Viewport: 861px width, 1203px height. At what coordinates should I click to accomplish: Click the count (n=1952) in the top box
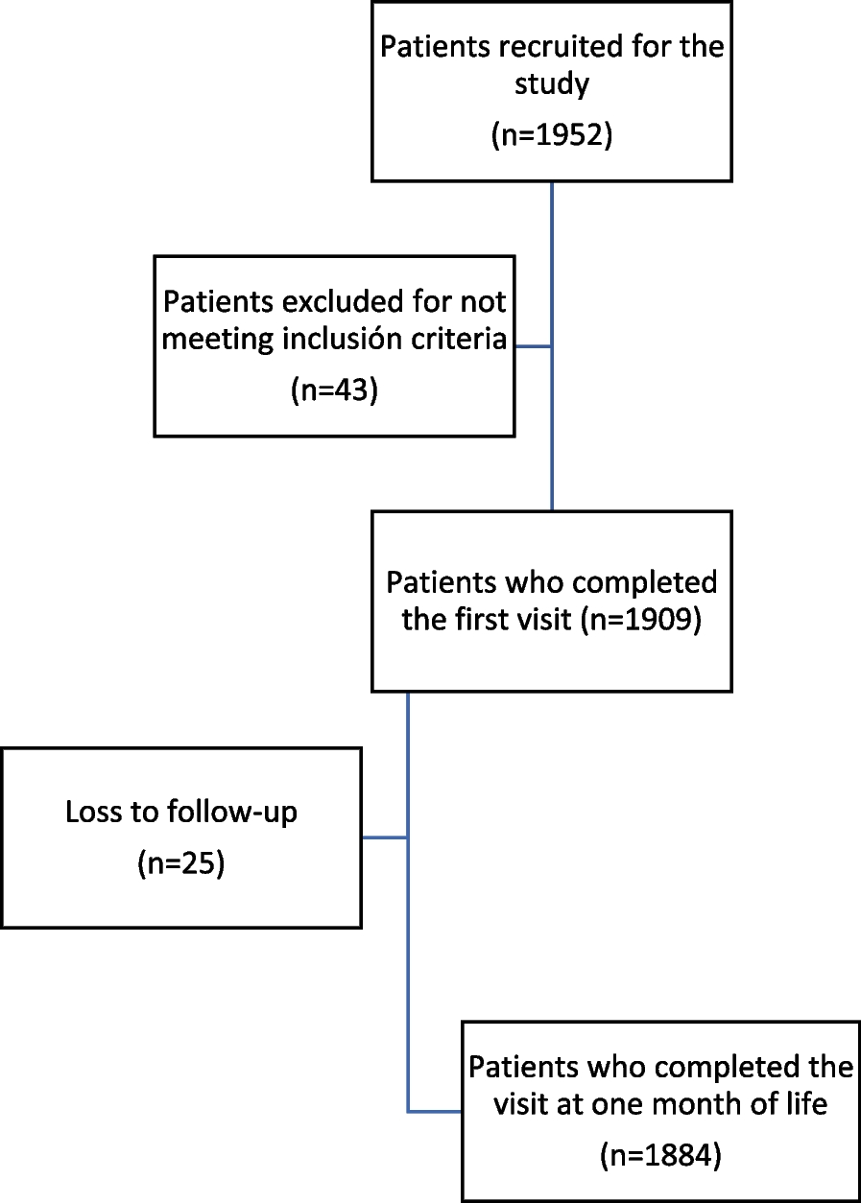click(551, 135)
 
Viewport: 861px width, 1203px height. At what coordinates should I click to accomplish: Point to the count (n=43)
click(333, 390)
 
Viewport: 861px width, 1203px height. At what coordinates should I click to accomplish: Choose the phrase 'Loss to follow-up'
click(181, 813)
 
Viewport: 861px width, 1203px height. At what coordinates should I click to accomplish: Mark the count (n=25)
click(181, 863)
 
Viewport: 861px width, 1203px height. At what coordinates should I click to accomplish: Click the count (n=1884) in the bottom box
click(659, 1156)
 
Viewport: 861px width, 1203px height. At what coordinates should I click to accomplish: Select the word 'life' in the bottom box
click(804, 1104)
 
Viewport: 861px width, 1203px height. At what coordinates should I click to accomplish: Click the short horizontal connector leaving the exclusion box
click(533, 346)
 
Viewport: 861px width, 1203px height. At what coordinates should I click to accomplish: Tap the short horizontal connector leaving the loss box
click(384, 837)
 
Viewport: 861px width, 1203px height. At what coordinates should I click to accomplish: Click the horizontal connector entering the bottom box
click(434, 1112)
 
